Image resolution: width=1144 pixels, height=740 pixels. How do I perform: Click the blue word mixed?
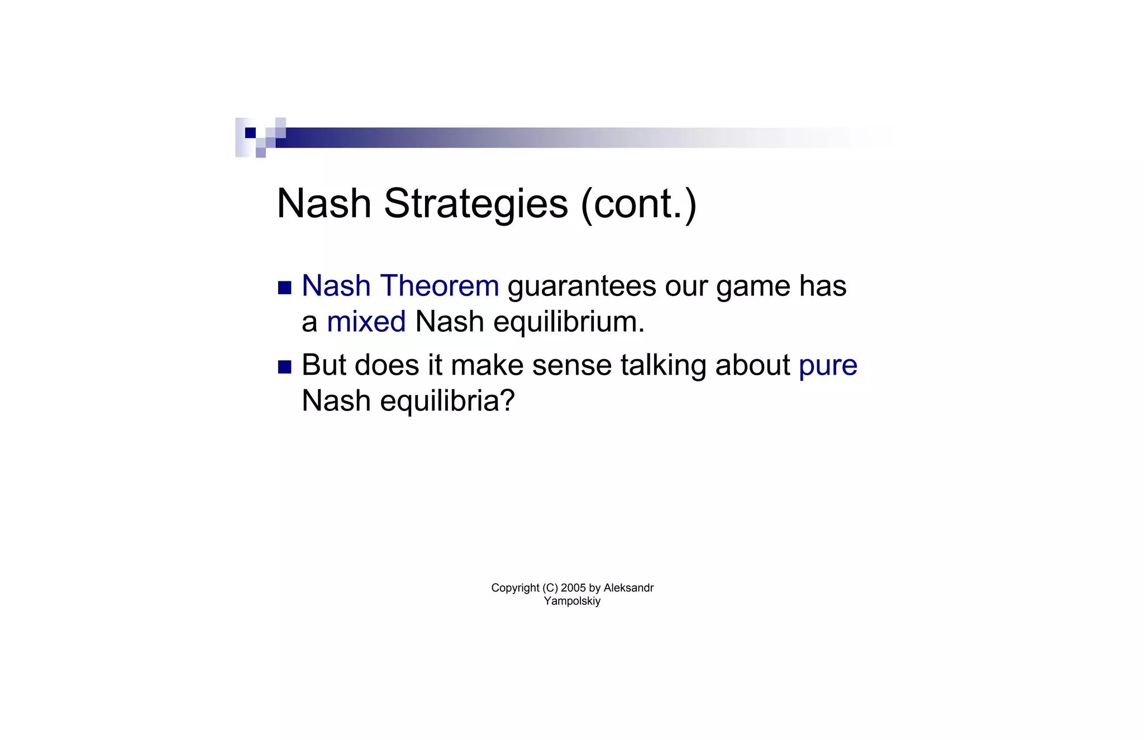point(366,322)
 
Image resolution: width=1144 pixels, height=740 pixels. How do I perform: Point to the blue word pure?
point(827,366)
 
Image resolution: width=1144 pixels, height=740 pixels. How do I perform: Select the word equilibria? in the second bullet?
point(447,401)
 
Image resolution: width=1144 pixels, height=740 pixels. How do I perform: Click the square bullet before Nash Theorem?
point(285,288)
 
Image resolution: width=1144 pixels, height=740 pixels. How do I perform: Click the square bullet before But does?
point(285,367)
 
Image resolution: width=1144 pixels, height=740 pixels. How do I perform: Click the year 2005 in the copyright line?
point(573,588)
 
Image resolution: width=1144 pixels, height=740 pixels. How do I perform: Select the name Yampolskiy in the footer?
point(572,601)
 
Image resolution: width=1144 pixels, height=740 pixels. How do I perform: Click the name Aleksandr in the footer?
point(628,588)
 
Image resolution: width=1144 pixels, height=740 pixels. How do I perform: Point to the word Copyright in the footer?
point(515,588)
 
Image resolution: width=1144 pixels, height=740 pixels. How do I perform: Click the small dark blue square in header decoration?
point(250,133)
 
